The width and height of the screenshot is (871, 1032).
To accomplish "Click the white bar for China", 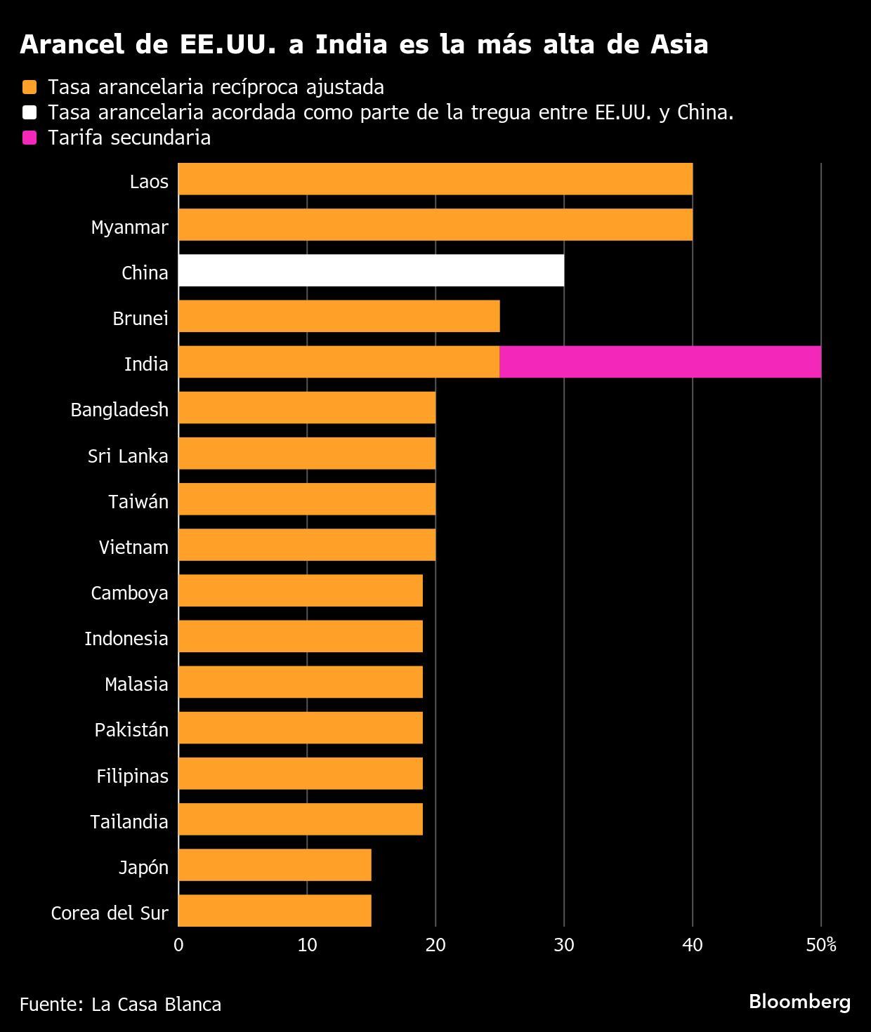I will pyautogui.click(x=371, y=270).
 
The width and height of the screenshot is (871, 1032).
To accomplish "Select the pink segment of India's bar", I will pyautogui.click(x=660, y=362).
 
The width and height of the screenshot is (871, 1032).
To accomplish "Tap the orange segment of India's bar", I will pyautogui.click(x=339, y=362).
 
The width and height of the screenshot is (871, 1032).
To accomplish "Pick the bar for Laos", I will pyautogui.click(x=435, y=179).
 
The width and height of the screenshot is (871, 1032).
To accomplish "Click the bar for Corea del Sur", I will pyautogui.click(x=275, y=911).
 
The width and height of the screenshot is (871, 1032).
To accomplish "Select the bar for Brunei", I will pyautogui.click(x=339, y=316).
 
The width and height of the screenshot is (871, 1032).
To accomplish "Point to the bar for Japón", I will pyautogui.click(x=275, y=865).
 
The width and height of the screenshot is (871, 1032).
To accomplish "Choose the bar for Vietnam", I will pyautogui.click(x=307, y=545).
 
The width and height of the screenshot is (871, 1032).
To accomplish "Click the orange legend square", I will pyautogui.click(x=29, y=87).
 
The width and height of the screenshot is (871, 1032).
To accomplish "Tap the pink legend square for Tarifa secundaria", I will pyautogui.click(x=29, y=138).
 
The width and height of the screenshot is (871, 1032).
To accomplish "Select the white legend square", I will pyautogui.click(x=29, y=112).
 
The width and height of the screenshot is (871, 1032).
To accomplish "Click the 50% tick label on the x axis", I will pyautogui.click(x=820, y=945).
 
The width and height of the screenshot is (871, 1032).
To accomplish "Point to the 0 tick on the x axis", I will pyautogui.click(x=178, y=945).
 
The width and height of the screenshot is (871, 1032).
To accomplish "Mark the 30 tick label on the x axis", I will pyautogui.click(x=563, y=945).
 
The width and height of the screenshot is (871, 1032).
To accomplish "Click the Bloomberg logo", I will pyautogui.click(x=799, y=1001).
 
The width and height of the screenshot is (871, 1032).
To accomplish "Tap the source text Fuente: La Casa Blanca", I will pyautogui.click(x=120, y=1005).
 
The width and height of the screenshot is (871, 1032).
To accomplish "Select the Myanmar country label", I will pyautogui.click(x=130, y=227).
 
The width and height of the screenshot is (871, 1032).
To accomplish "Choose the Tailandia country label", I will pyautogui.click(x=129, y=821).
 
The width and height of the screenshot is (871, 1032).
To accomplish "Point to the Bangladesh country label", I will pyautogui.click(x=119, y=409).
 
